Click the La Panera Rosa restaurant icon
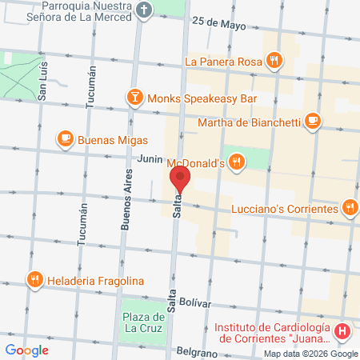[274, 59]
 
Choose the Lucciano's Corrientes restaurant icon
[350, 208]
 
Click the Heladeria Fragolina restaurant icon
[34, 280]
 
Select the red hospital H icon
[342, 330]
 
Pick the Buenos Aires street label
[126, 204]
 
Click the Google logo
[26, 350]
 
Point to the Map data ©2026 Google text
[311, 354]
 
